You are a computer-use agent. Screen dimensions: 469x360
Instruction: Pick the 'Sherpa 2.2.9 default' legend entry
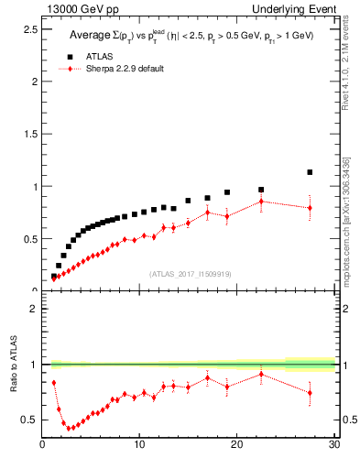pyautogui.click(x=117, y=68)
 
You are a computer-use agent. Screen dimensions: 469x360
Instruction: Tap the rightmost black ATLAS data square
pyautogui.click(x=310, y=172)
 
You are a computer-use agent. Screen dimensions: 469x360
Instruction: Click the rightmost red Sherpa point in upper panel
pyautogui.click(x=310, y=208)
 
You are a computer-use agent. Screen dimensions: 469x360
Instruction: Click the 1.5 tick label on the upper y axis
pyautogui.click(x=31, y=134)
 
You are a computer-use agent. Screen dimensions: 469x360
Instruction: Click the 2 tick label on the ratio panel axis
pyautogui.click(x=35, y=309)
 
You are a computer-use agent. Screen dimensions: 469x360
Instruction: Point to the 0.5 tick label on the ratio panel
pyautogui.click(x=31, y=420)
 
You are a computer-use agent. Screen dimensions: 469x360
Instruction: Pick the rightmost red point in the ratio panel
pyautogui.click(x=310, y=392)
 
